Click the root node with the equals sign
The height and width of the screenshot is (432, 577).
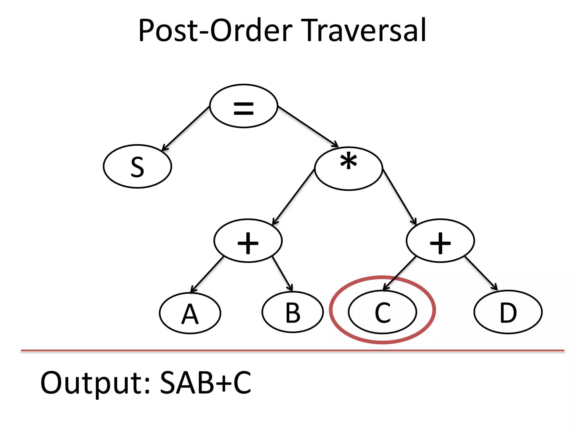244,106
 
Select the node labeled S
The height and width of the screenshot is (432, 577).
137,166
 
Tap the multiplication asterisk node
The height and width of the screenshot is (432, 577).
349,168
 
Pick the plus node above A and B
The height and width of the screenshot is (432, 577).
248,241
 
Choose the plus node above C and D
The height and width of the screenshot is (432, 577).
440,241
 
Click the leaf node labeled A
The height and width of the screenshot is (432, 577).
190,313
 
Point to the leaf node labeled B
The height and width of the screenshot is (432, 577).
293,312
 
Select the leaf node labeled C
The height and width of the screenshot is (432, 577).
382,312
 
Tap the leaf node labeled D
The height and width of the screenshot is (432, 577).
508,312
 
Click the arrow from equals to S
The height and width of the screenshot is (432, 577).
186,129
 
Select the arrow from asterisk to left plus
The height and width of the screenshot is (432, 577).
294,197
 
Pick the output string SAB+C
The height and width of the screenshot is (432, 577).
205,382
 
